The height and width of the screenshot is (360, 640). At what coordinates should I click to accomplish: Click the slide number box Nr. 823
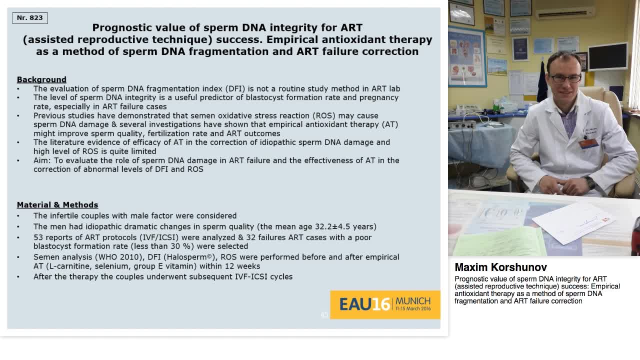pyautogui.click(x=30, y=18)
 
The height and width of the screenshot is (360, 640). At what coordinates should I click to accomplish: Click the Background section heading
pyautogui.click(x=41, y=79)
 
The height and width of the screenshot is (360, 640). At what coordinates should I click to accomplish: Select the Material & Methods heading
pyautogui.click(x=57, y=205)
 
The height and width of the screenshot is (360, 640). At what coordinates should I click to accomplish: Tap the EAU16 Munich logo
pyautogui.click(x=385, y=304)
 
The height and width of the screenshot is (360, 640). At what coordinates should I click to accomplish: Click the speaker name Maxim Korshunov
pyautogui.click(x=500, y=267)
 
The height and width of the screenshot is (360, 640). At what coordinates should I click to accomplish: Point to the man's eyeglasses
pyautogui.click(x=565, y=78)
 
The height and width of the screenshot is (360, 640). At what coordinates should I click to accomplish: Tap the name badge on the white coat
pyautogui.click(x=589, y=143)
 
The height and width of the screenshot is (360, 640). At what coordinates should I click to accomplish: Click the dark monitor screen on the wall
pyautogui.click(x=607, y=56)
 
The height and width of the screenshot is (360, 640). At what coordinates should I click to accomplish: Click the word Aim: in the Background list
pyautogui.click(x=42, y=160)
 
